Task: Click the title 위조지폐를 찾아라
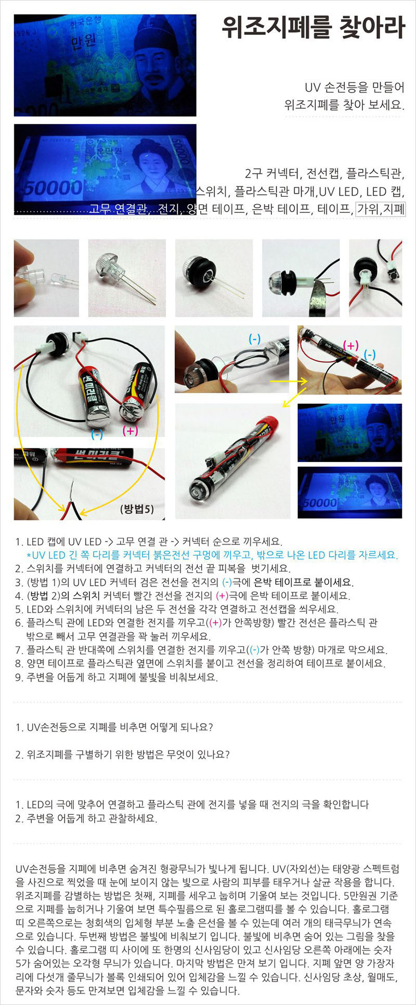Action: pyautogui.click(x=313, y=28)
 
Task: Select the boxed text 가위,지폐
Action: pyautogui.click(x=381, y=209)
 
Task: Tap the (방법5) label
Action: pyautogui.click(x=137, y=509)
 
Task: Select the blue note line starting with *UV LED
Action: pyautogui.click(x=212, y=555)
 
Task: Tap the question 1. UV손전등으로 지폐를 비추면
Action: pyautogui.click(x=114, y=727)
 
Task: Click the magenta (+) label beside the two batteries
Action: pyautogui.click(x=130, y=431)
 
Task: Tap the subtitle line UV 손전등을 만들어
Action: pyautogui.click(x=355, y=87)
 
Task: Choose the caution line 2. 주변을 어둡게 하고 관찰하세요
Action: pyautogui.click(x=86, y=818)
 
